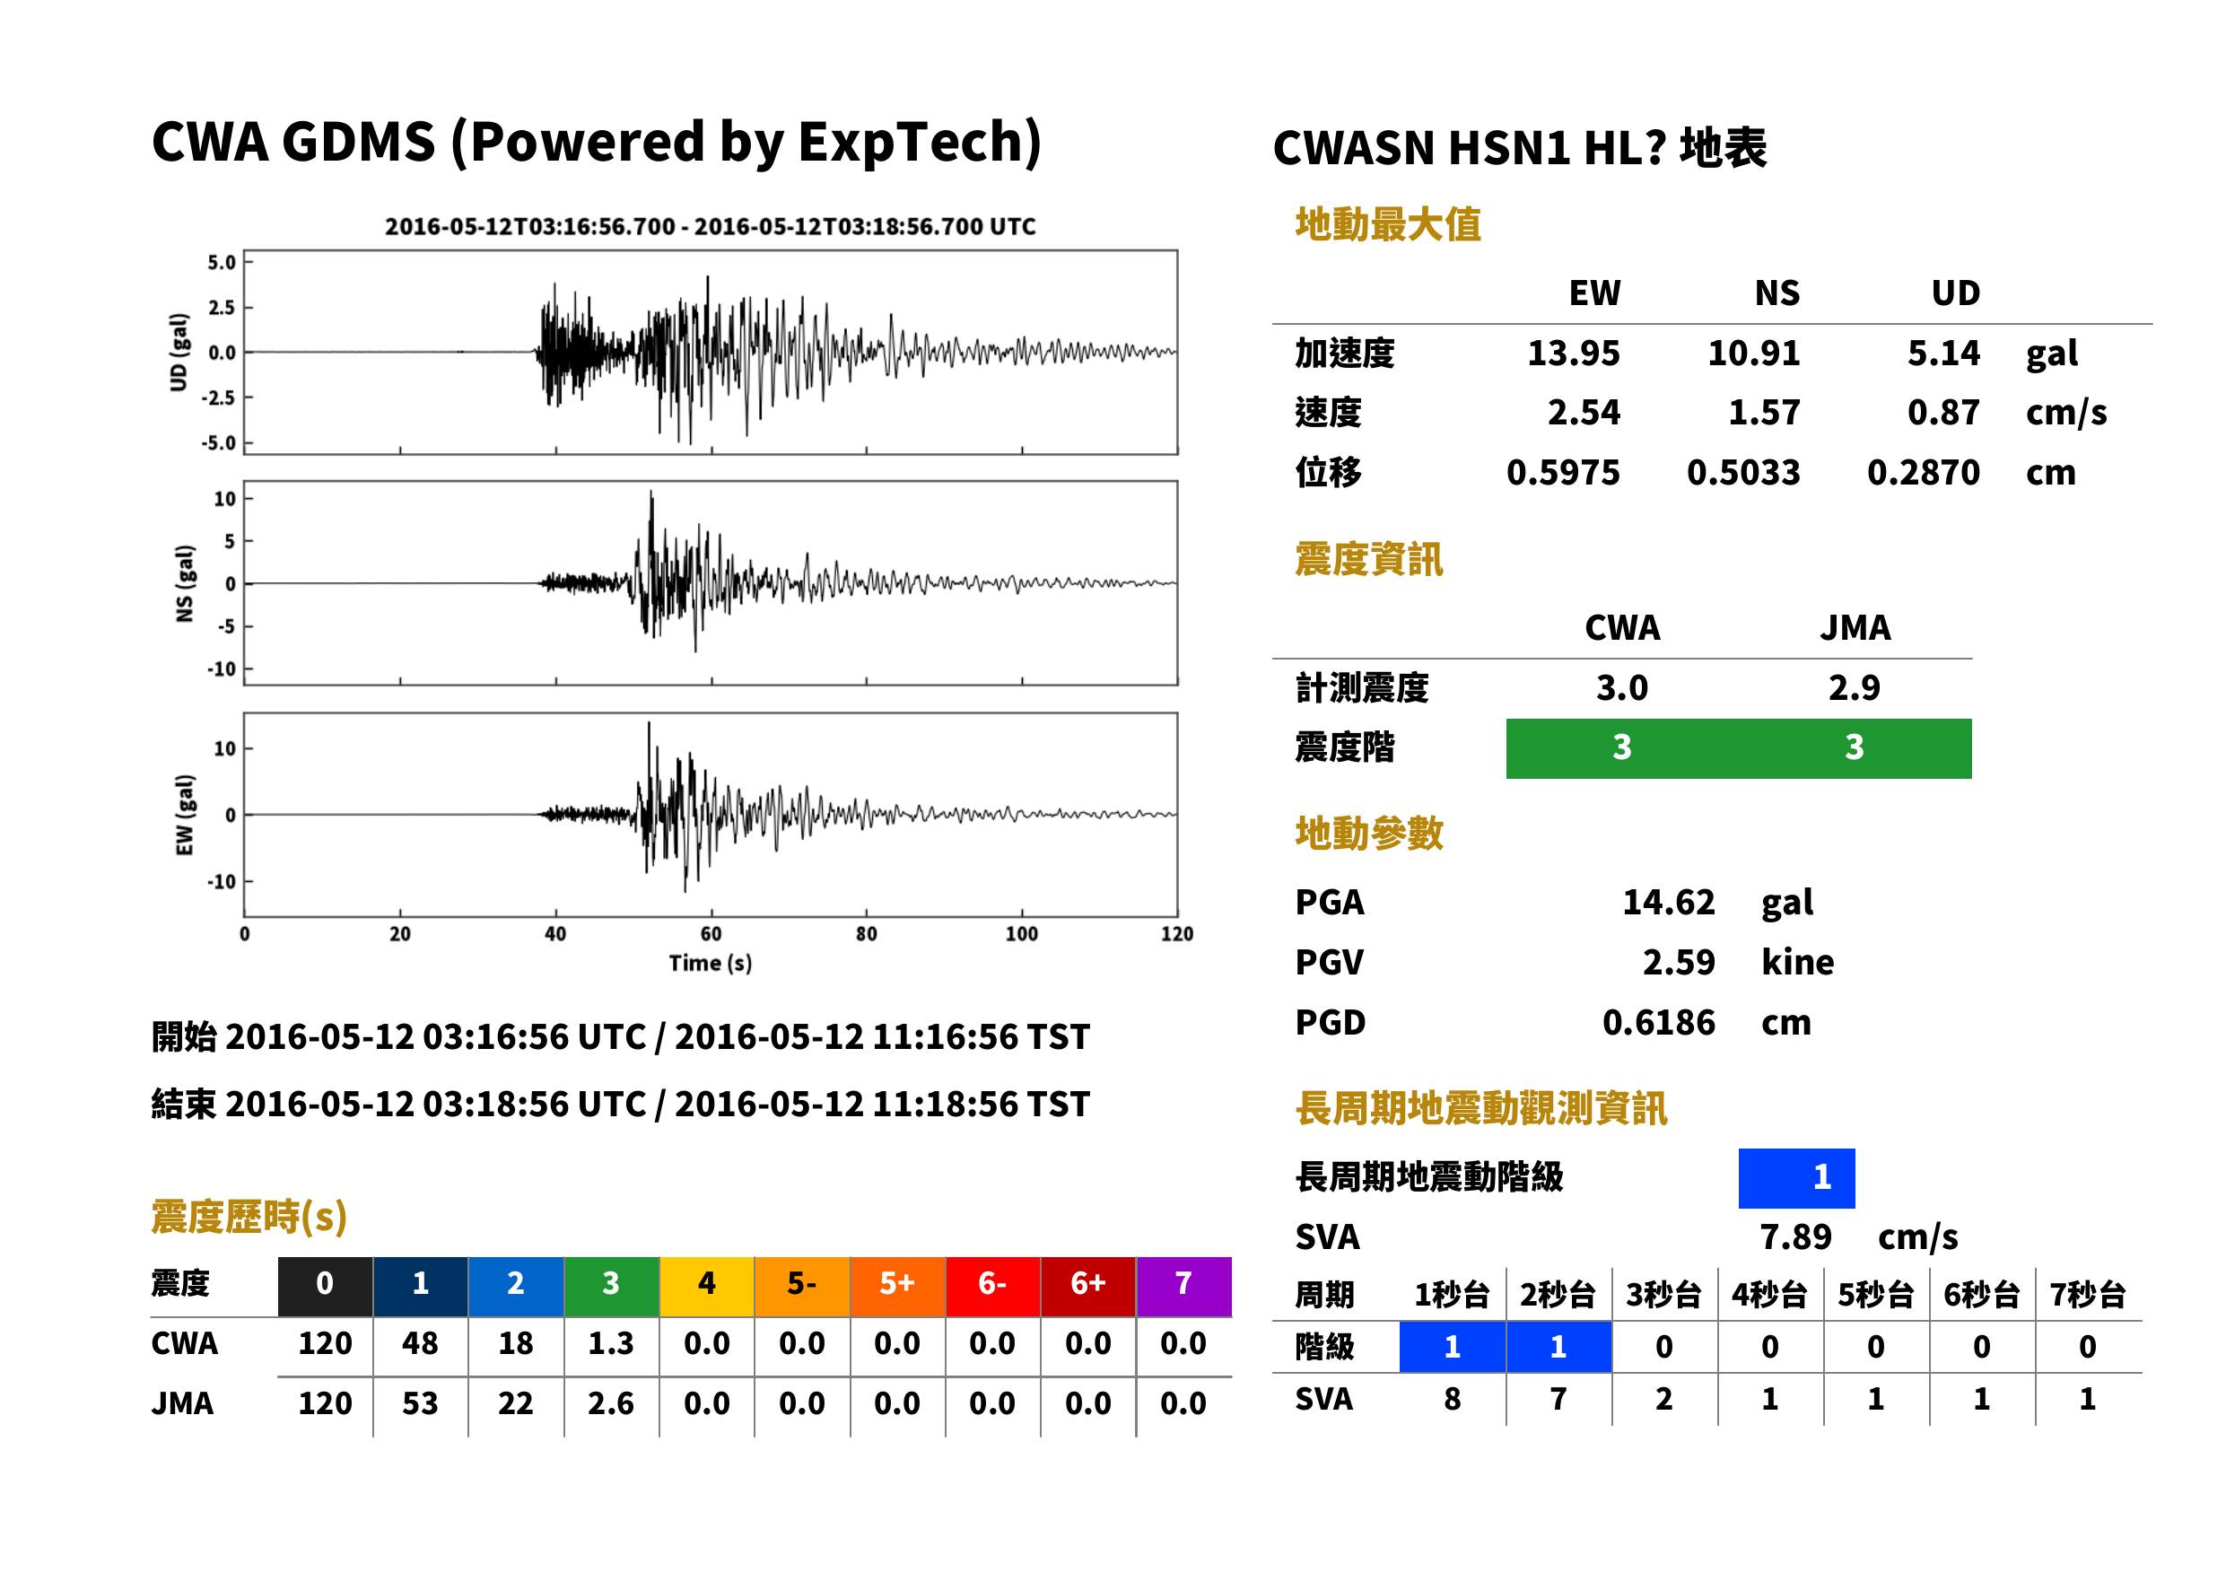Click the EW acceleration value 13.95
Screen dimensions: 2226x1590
[x=1573, y=353]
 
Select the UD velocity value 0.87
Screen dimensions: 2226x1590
[x=1943, y=412]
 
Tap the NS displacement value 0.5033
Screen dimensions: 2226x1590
[x=1743, y=473]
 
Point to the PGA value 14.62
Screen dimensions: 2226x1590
[x=1668, y=902]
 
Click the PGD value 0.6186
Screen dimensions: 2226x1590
[x=1658, y=1022]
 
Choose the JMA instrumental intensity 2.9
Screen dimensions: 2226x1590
[x=1854, y=687]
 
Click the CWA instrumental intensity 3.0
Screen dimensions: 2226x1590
[x=1622, y=687]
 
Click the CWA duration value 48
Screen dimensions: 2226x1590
[x=420, y=1343]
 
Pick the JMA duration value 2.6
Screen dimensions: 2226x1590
[x=611, y=1403]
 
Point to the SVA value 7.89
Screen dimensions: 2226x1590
[x=1795, y=1237]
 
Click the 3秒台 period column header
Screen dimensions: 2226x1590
[x=1663, y=1294]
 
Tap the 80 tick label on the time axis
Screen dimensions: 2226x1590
[x=867, y=934]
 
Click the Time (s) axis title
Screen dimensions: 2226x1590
[x=711, y=964]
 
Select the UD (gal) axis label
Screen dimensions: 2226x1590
[x=179, y=353]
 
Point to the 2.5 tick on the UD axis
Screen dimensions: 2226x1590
[x=222, y=308]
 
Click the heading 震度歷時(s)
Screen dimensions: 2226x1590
[x=249, y=1216]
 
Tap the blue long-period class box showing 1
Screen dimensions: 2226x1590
[x=1796, y=1178]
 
